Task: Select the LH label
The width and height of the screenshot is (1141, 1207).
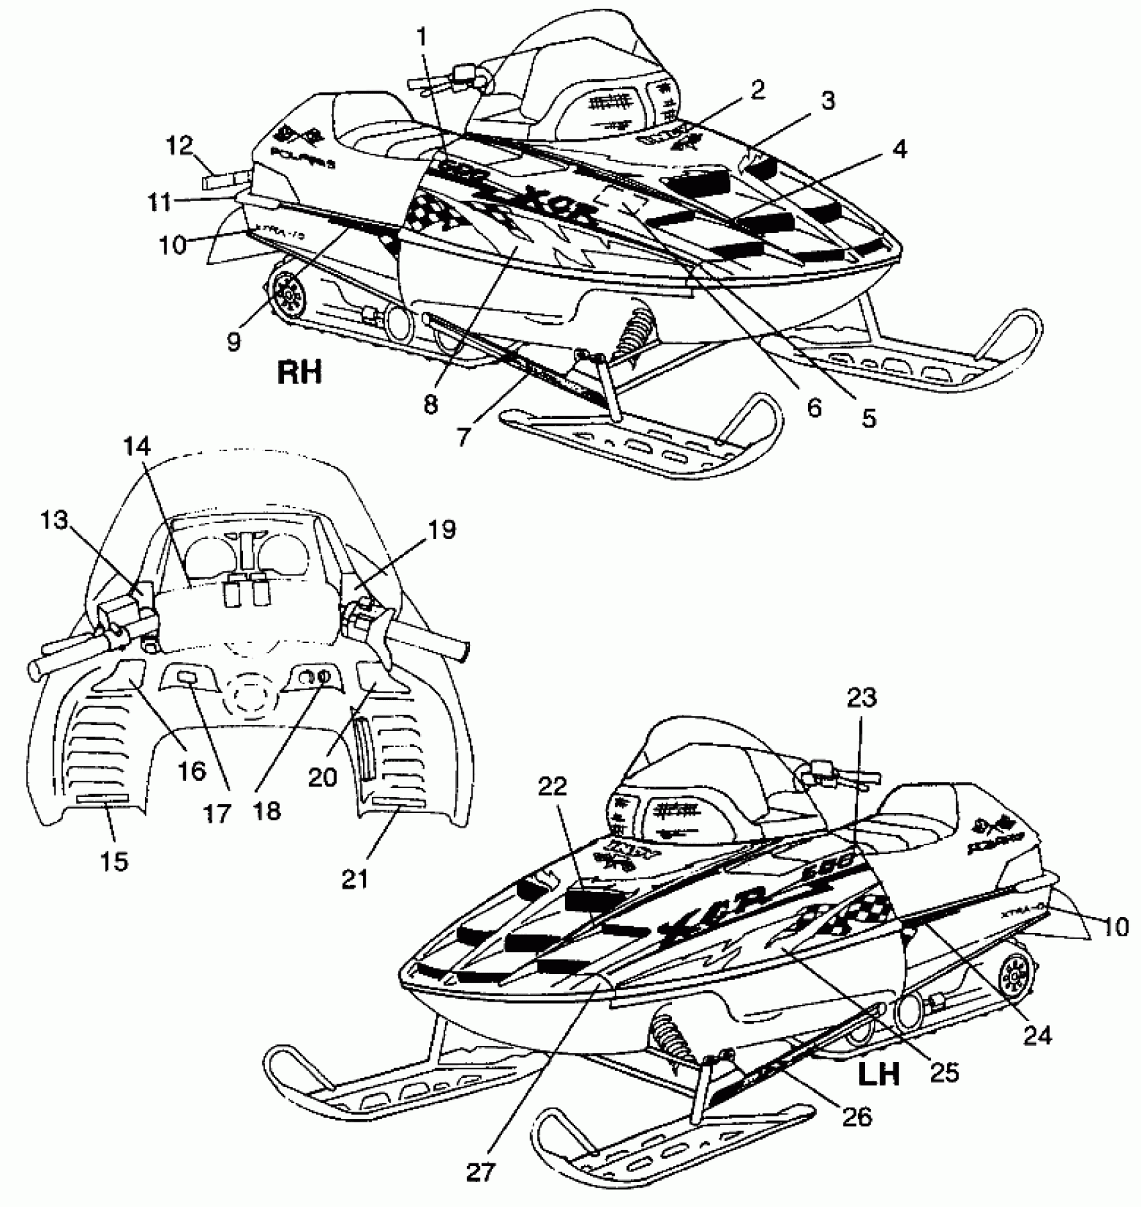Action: (879, 1074)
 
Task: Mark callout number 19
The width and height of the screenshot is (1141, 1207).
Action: (441, 530)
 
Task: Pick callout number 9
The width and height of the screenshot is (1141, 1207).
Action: (233, 342)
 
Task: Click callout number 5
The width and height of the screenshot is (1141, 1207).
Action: (869, 418)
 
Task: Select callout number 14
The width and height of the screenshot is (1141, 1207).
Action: (137, 446)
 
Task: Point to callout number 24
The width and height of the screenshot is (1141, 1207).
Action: (1038, 1036)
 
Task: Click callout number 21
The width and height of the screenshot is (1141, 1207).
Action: (356, 878)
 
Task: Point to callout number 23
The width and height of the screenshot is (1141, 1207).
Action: (862, 699)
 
